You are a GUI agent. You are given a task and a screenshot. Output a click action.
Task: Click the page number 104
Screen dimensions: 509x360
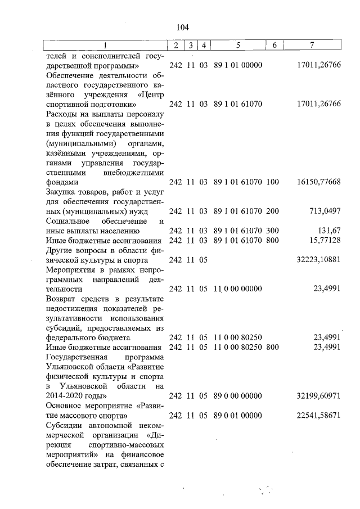[x=182, y=27]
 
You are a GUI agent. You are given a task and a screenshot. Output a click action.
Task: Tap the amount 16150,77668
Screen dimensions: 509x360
[x=318, y=182]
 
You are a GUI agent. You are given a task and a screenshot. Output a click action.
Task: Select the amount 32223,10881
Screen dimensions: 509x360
[x=318, y=260]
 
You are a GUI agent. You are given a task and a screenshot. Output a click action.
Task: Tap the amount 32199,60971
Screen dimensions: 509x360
[x=318, y=396]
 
